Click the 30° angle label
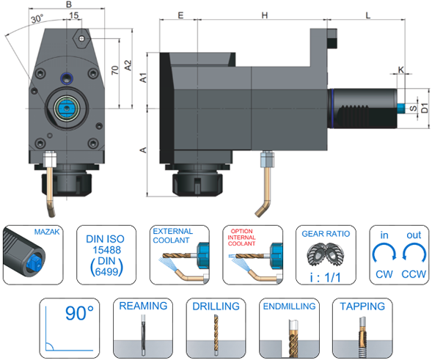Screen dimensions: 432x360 pos(37,19)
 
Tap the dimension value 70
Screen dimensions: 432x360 pos(115,70)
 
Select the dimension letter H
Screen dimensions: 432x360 pos(265,15)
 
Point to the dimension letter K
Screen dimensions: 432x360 pos(401,70)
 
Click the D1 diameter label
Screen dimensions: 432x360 pos(425,108)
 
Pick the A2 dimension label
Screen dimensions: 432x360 pos(128,65)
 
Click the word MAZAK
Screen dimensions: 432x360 pos(47,232)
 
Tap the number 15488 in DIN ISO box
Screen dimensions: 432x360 pos(106,250)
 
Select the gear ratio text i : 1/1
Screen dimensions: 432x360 pos(325,277)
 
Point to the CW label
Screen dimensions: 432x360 pos(384,274)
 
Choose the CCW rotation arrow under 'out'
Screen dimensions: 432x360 pos(414,251)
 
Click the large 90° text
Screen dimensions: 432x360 pos(79,313)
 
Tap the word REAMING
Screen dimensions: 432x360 pos(143,306)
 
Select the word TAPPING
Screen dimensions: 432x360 pos(362,306)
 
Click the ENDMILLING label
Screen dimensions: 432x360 pos(289,306)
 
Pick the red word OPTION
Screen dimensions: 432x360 pos(241,231)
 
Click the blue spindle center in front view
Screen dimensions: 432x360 pos(67,109)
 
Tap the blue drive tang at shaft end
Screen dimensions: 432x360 pos(401,109)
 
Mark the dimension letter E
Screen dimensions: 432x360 pos(180,15)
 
